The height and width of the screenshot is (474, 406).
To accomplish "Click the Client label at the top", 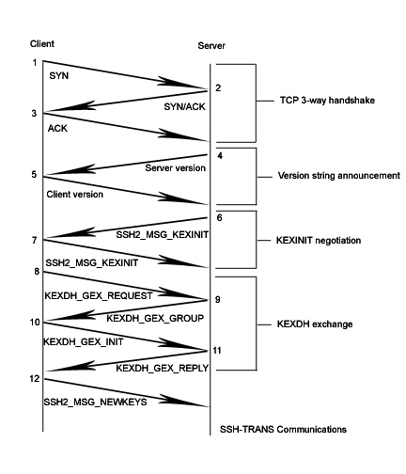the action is (42, 43).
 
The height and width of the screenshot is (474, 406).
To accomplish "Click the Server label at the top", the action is (211, 45).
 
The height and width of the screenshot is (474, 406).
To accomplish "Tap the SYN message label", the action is (59, 75).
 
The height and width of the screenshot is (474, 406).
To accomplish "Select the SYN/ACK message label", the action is (184, 106).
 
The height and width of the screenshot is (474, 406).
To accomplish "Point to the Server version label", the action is (175, 168).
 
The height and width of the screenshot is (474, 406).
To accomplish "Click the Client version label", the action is (75, 195).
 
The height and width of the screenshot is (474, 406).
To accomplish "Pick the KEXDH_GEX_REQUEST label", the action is (99, 295).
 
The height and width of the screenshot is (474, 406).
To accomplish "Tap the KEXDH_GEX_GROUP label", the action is (155, 318).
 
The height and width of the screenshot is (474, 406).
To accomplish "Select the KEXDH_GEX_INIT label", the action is (84, 341).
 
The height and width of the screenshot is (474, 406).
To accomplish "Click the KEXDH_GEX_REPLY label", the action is (163, 368).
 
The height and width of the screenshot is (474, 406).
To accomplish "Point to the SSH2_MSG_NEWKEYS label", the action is (95, 402).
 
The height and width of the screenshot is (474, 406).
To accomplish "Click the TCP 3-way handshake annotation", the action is (327, 101).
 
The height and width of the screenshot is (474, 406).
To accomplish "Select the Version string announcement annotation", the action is (339, 176).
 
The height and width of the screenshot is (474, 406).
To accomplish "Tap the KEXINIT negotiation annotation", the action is (319, 241).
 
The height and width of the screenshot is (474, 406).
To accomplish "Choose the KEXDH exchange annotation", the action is (315, 324).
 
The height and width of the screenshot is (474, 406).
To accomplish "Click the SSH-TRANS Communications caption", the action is (283, 429).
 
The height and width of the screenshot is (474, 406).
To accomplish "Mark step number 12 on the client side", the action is (35, 379).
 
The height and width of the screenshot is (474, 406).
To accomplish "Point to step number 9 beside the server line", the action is (217, 299).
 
